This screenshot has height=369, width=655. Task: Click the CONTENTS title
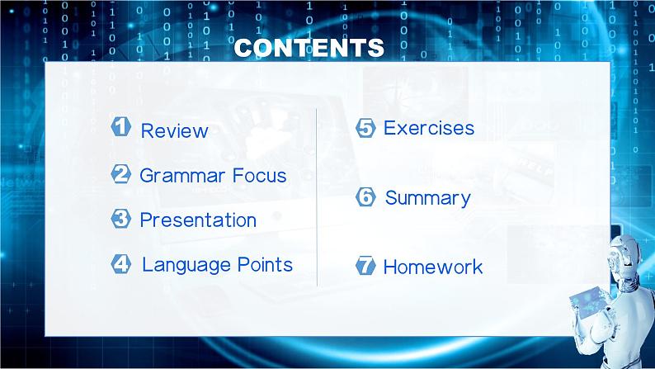click(x=309, y=48)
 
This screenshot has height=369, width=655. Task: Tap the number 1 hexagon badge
click(x=121, y=126)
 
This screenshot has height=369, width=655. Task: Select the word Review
click(x=174, y=130)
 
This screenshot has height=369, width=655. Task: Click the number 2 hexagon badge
click(x=121, y=174)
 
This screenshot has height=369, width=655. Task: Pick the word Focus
click(x=259, y=175)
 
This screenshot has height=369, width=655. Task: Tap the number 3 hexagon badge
click(x=121, y=219)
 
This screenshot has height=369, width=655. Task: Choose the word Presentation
click(x=198, y=220)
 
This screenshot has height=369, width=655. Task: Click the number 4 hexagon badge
click(x=121, y=263)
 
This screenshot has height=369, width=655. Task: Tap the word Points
click(x=265, y=264)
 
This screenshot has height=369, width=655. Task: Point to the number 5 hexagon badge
click(x=365, y=128)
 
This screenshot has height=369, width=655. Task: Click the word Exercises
click(x=429, y=128)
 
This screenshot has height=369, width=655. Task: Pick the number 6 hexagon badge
click(x=365, y=196)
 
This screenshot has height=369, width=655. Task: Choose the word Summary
click(x=428, y=199)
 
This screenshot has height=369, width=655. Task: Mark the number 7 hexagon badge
click(x=365, y=266)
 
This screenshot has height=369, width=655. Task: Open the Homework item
click(x=433, y=267)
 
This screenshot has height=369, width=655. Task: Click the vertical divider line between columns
click(x=317, y=197)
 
